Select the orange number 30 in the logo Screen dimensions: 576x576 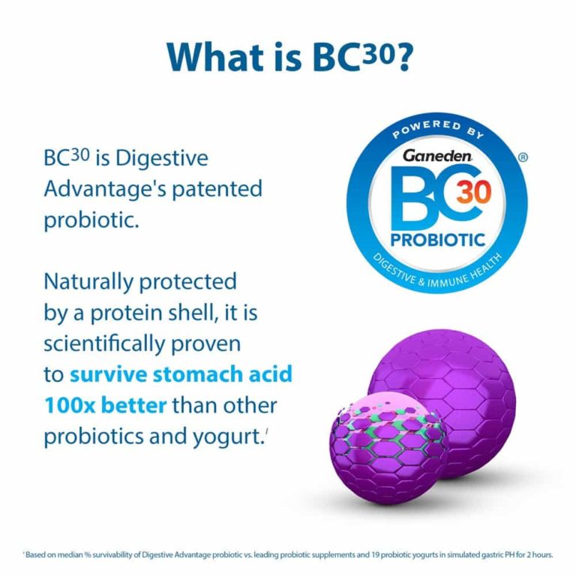pos(475,193)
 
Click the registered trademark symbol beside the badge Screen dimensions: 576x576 pos(523,158)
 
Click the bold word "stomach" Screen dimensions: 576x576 pos(209,374)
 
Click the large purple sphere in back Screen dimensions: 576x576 pos(457,382)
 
